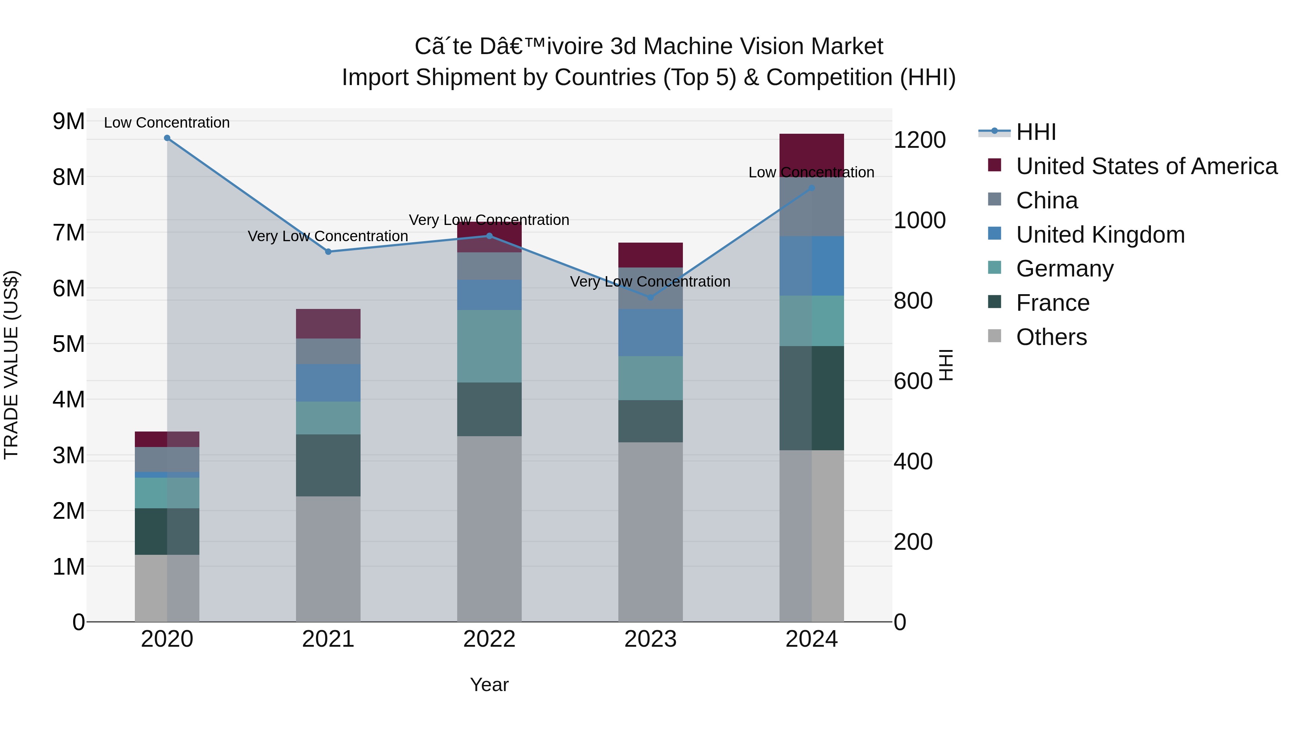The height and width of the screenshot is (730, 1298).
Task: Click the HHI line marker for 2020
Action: click(x=167, y=138)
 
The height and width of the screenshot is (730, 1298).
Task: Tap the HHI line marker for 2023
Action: click(x=650, y=298)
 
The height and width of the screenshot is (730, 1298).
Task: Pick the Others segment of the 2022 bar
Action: click(x=489, y=528)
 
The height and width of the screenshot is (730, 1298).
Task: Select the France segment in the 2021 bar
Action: click(x=328, y=465)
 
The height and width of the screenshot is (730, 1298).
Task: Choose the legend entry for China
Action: click(x=1047, y=200)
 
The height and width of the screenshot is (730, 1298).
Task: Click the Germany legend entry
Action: click(x=1064, y=269)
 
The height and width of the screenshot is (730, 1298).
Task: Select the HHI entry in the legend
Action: click(x=1036, y=132)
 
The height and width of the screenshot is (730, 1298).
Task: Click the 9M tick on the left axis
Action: click(x=69, y=121)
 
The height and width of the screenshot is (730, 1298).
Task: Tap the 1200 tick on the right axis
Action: click(x=919, y=140)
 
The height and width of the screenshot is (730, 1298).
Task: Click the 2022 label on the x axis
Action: click(x=489, y=639)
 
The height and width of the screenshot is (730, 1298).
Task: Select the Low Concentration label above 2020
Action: click(x=167, y=123)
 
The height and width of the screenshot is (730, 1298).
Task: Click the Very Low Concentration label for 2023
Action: click(x=650, y=282)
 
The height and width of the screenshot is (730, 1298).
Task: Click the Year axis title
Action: click(x=489, y=685)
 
